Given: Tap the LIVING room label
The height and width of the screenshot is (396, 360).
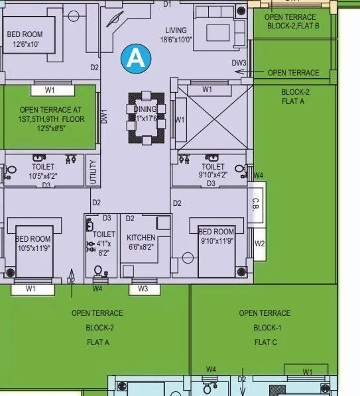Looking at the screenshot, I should pyautogui.click(x=176, y=30).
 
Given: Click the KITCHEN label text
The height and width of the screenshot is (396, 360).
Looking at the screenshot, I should pyautogui.click(x=141, y=238).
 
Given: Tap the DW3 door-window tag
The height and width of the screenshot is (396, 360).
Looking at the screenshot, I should pyautogui.click(x=239, y=63).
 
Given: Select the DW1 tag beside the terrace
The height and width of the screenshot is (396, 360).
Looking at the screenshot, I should pyautogui.click(x=104, y=117).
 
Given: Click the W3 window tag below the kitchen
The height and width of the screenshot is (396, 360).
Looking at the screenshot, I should pyautogui.click(x=144, y=289).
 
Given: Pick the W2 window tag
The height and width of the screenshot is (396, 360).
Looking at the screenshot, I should pyautogui.click(x=260, y=244).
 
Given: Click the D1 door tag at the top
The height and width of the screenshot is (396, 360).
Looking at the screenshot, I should pyautogui.click(x=167, y=4).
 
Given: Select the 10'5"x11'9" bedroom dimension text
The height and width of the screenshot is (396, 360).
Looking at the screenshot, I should pyautogui.click(x=33, y=248).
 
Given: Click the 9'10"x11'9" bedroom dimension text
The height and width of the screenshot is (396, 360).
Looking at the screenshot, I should pyautogui.click(x=217, y=241).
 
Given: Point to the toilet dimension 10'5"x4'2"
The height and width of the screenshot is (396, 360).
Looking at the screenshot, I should pyautogui.click(x=44, y=176).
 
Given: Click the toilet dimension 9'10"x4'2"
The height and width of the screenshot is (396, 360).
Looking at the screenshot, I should pyautogui.click(x=212, y=175).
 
